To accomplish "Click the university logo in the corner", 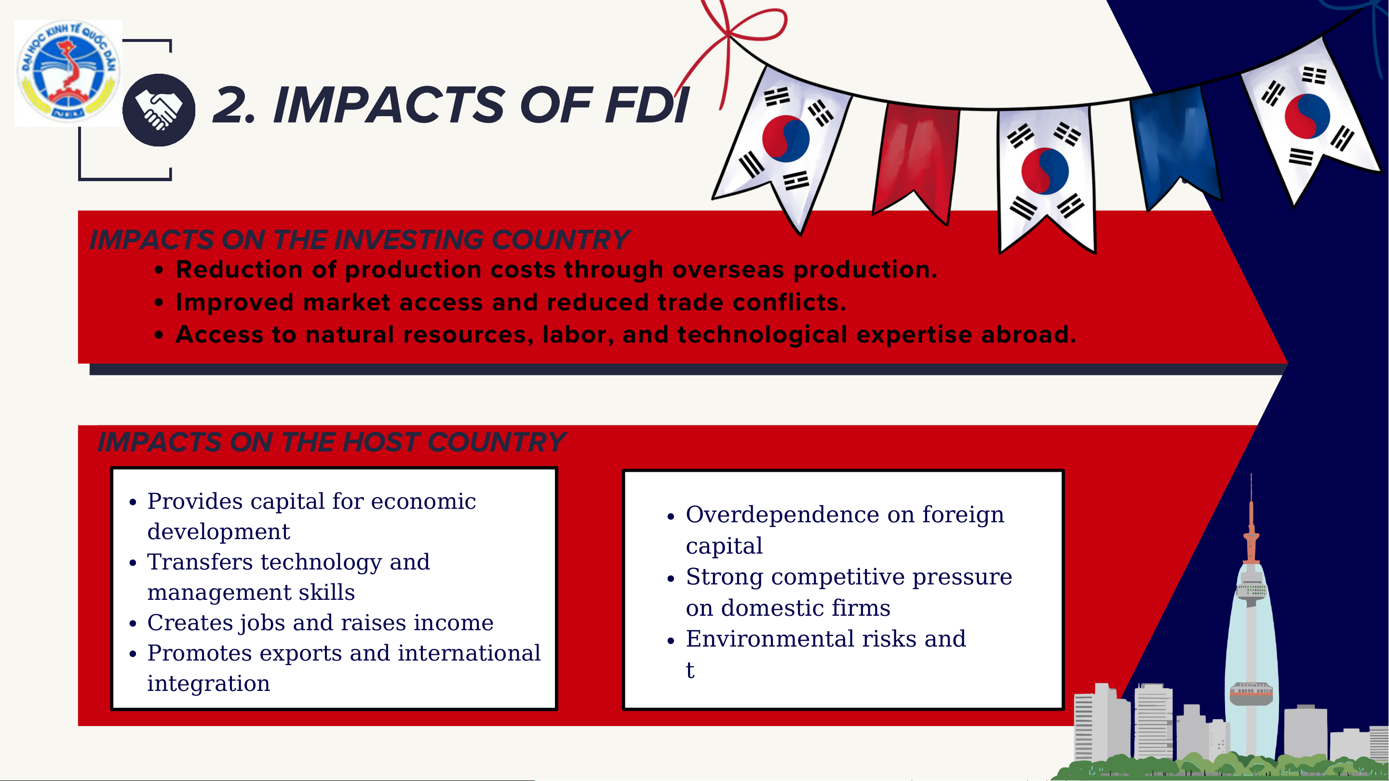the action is click(x=68, y=73).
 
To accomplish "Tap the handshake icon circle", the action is click(x=159, y=110).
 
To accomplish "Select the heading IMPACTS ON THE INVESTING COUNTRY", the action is click(x=360, y=239).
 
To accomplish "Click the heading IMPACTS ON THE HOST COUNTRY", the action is click(x=332, y=442).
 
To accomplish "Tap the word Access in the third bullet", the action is click(x=219, y=334).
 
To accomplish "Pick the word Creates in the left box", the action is click(x=187, y=622).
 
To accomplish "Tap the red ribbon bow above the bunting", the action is click(x=739, y=38).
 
